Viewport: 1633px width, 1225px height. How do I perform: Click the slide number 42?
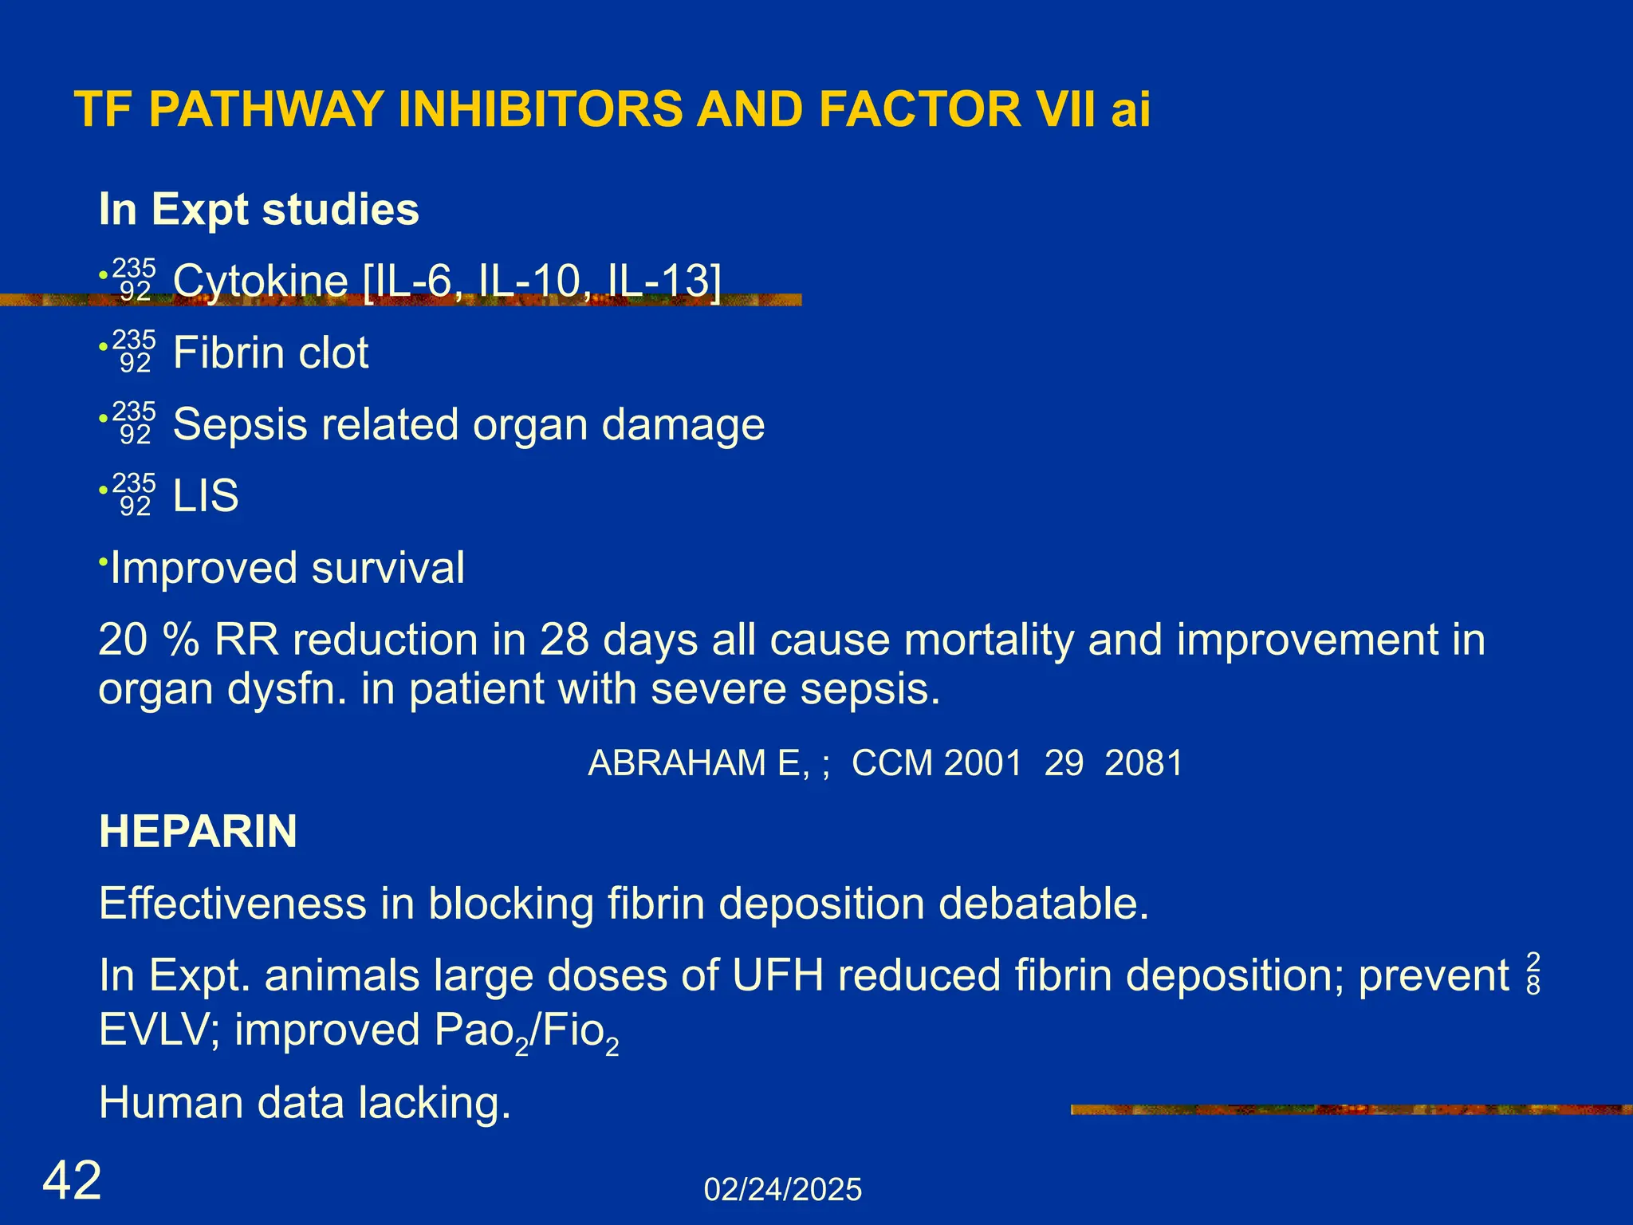(x=72, y=1181)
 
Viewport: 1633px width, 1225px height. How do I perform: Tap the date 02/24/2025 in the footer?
(x=782, y=1190)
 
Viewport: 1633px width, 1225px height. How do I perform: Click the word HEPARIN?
(x=198, y=832)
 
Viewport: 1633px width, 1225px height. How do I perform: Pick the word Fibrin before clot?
(x=224, y=353)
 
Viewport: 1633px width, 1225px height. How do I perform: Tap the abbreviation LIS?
(x=206, y=496)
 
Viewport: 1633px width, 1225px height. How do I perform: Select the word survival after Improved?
(x=388, y=568)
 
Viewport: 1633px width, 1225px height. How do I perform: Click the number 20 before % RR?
(x=122, y=640)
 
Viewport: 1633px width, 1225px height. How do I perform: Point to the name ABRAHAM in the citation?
(x=693, y=763)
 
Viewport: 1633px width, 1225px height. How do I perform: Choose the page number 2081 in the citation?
(x=1143, y=763)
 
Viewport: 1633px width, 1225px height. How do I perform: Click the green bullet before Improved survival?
(x=103, y=562)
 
